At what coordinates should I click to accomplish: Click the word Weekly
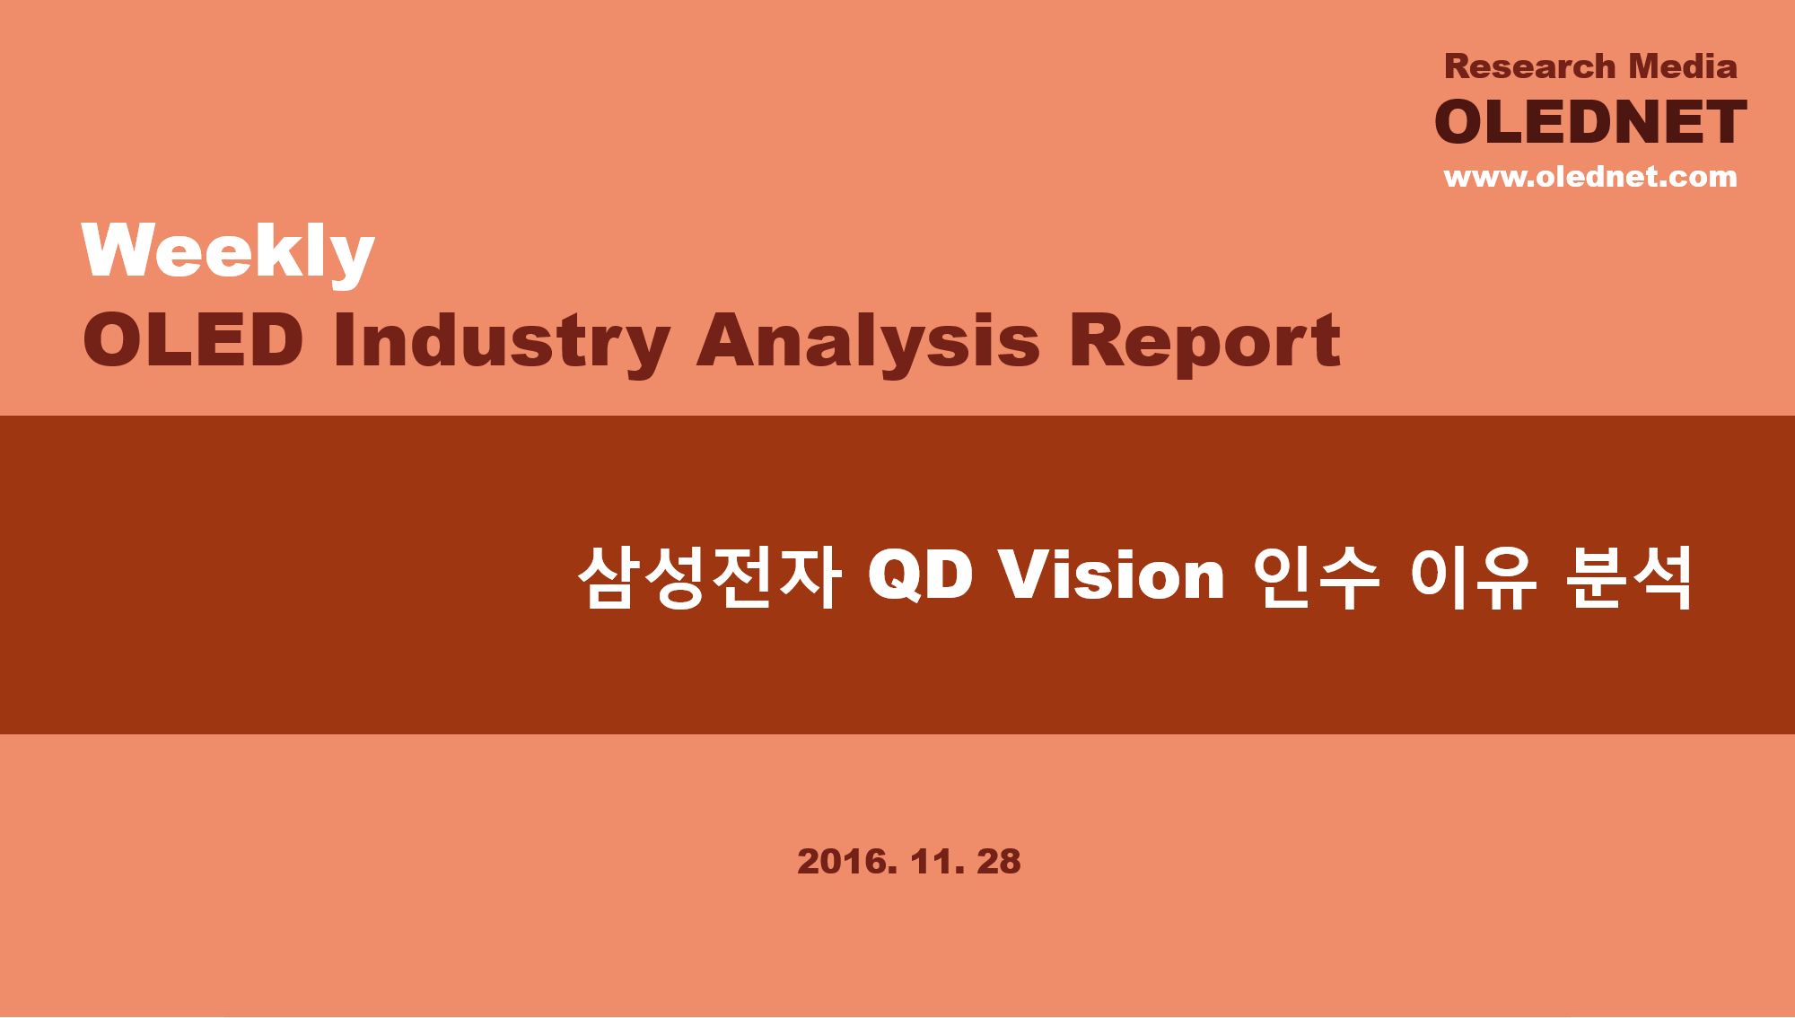(x=228, y=253)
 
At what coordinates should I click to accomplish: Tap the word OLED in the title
(x=193, y=340)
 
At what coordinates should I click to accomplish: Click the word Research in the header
(x=1529, y=66)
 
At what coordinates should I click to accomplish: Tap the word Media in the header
(x=1683, y=66)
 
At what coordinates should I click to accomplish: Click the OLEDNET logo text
(x=1590, y=122)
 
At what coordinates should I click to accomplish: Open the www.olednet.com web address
(x=1590, y=177)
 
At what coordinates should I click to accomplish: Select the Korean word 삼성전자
(x=709, y=576)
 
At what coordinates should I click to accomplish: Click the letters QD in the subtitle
(x=920, y=575)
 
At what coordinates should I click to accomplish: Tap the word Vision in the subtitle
(x=1113, y=575)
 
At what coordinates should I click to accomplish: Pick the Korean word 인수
(x=1316, y=576)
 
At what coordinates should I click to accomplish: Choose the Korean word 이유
(x=1473, y=576)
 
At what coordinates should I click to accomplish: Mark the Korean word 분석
(x=1629, y=576)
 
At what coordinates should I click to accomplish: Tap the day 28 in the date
(x=999, y=862)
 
